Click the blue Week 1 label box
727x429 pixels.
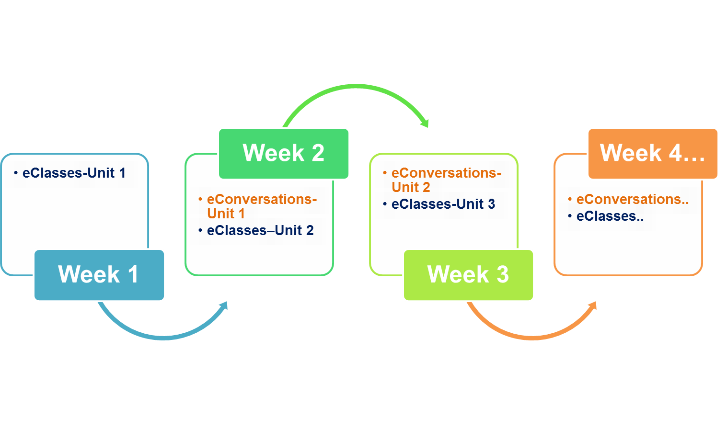[x=99, y=275]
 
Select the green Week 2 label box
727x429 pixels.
[x=284, y=154]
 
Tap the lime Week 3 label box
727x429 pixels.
[x=468, y=275]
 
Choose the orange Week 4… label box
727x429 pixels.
[x=653, y=154]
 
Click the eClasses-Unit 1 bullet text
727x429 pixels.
[x=74, y=173]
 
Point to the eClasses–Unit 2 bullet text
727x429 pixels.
[x=260, y=231]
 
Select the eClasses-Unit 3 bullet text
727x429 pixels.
[x=443, y=204]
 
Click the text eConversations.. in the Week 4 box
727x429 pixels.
[x=633, y=199]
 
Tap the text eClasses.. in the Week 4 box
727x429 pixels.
[x=610, y=216]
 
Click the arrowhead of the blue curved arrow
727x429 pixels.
[x=224, y=305]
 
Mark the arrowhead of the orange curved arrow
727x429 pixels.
[x=593, y=305]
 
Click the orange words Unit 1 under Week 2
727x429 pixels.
[x=226, y=214]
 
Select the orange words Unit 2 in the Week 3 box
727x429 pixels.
[x=411, y=187]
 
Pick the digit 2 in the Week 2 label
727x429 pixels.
[x=318, y=153]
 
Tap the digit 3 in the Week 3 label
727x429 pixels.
[x=503, y=274]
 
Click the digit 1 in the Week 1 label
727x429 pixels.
[x=133, y=274]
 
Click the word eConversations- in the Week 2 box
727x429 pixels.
[x=262, y=199]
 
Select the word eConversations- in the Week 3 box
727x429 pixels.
[x=447, y=173]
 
